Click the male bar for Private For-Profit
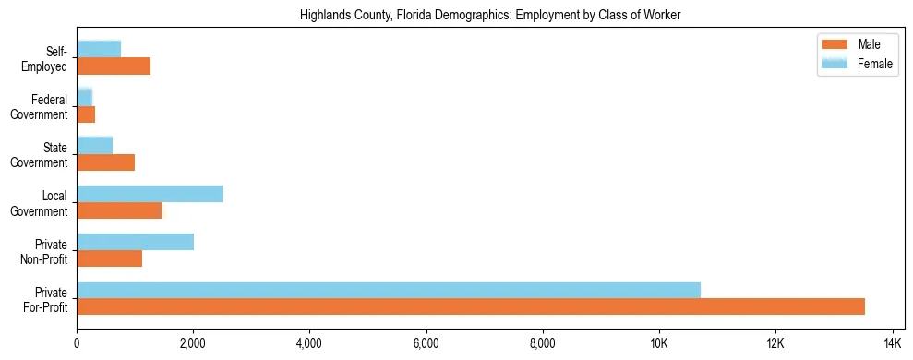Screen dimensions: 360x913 pyautogui.click(x=471, y=306)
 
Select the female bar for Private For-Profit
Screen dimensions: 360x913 pyautogui.click(x=389, y=290)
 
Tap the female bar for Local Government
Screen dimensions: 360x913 pyautogui.click(x=150, y=194)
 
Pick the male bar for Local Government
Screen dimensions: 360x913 pyautogui.click(x=119, y=210)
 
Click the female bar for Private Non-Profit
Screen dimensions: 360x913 pyautogui.click(x=135, y=242)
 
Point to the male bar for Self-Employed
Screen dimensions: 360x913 pyautogui.click(x=114, y=66)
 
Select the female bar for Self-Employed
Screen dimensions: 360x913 pyautogui.click(x=99, y=50)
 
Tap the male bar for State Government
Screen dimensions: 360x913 pyautogui.click(x=105, y=162)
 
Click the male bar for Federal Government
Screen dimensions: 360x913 pyautogui.click(x=86, y=114)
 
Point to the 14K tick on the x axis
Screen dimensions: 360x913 pyautogui.click(x=891, y=343)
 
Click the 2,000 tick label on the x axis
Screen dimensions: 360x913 pyautogui.click(x=193, y=343)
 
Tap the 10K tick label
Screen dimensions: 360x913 pyautogui.click(x=658, y=343)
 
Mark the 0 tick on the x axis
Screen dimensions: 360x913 pyautogui.click(x=77, y=343)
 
